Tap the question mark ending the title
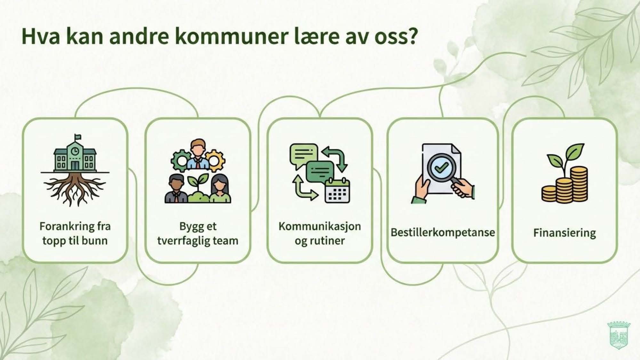(413, 36)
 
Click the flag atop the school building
(78, 137)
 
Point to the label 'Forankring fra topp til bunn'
(75, 233)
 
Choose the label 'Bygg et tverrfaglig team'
(198, 233)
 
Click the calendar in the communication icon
(337, 191)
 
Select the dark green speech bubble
(320, 171)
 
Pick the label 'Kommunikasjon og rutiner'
(320, 233)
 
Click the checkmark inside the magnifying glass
(442, 167)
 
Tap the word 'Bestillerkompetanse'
(443, 232)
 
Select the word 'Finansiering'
(564, 233)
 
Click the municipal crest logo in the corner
(619, 335)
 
